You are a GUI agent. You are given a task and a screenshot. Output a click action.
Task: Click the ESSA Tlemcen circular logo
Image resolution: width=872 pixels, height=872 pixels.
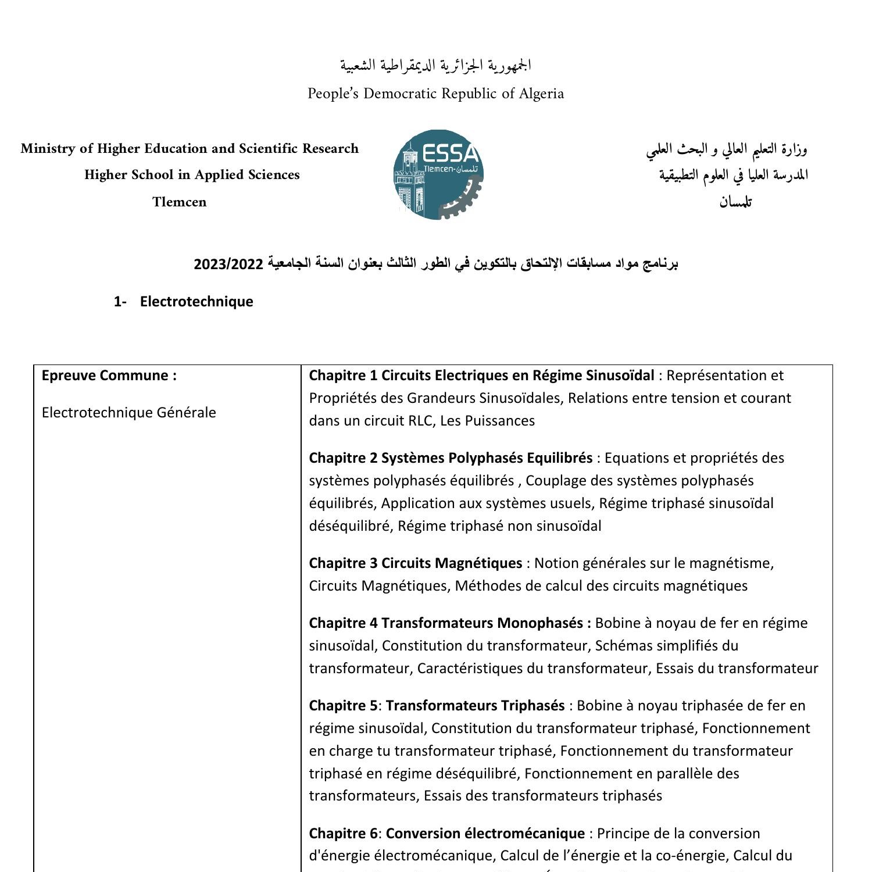pos(438,174)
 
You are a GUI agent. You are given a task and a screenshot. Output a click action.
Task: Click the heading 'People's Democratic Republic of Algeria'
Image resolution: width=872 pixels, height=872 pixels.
pos(435,94)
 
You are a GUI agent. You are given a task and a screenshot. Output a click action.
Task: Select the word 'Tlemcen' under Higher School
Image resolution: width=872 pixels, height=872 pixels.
pos(180,202)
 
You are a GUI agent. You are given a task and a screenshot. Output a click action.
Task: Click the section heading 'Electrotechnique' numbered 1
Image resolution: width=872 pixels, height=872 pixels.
pos(196,301)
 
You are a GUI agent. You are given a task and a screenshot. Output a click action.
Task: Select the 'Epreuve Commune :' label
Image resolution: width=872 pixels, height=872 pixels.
pos(109,376)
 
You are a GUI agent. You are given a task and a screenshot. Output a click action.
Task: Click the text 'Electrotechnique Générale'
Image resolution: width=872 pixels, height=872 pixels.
pos(128,413)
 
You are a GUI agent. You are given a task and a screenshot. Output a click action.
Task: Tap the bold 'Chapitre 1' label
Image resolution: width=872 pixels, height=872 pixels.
pos(343,376)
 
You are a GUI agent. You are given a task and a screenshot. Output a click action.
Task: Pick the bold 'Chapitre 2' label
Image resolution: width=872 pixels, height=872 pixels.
pos(343,458)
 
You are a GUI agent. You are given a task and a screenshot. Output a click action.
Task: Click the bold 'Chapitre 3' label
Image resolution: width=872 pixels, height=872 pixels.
pos(343,563)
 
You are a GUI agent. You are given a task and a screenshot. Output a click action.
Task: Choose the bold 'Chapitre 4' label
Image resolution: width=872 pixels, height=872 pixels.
pos(343,623)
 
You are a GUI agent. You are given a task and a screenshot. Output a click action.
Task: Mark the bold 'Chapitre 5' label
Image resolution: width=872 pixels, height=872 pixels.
pos(343,706)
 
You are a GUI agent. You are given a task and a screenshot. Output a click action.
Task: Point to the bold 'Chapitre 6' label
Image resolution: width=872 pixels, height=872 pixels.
pos(343,834)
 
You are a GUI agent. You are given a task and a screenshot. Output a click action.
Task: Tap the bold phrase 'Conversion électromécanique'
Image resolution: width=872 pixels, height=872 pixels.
pos(485,834)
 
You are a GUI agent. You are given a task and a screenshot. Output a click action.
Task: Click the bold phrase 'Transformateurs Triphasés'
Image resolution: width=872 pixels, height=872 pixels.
pos(475,706)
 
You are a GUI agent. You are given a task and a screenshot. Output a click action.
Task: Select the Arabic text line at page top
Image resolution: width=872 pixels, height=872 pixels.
pos(435,65)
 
